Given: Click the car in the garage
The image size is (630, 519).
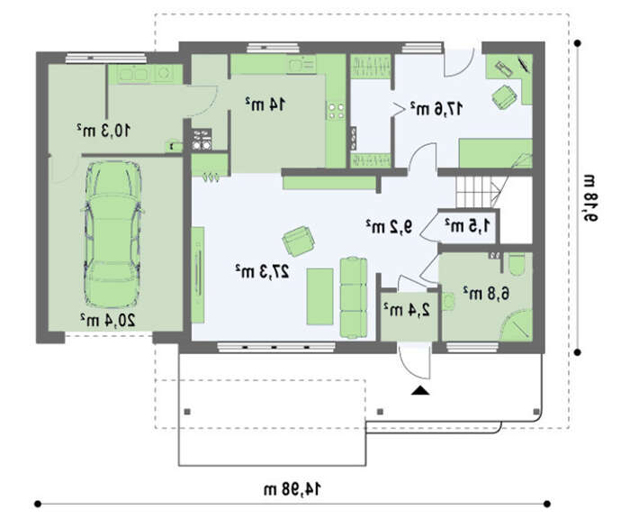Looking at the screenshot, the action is tap(112, 234).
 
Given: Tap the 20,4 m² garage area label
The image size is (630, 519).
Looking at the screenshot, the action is tap(108, 320).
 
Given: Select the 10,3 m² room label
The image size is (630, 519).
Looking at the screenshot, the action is tap(103, 130).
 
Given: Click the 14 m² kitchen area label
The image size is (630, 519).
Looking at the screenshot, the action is tap(265, 105).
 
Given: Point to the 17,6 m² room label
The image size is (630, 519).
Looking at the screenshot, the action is tap(436, 108).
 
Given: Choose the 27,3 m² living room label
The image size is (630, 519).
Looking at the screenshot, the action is tap(262, 271).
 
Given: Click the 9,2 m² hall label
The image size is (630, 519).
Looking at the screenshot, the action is tap(390, 226).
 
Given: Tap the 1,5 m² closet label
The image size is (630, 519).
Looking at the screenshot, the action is tap(468, 225).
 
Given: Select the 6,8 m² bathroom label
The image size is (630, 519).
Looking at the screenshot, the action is tap(486, 293).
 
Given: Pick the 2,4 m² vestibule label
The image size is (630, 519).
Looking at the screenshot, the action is tap(407, 309).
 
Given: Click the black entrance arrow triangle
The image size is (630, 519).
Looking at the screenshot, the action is tap(420, 390).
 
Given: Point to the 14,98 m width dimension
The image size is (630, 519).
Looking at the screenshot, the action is tap(292, 489).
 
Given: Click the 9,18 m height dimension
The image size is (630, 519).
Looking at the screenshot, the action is tap(590, 197).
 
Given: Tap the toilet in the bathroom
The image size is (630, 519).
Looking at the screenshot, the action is tap(517, 263).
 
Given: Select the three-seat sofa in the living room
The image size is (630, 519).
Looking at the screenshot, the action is tap(354, 297).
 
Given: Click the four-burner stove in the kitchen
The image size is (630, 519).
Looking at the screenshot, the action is tap(336, 111).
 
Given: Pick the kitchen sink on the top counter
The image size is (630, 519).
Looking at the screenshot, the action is tap(301, 64).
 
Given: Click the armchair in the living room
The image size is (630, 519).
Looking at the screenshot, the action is tap(298, 241).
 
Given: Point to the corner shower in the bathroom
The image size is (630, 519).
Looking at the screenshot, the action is tap(517, 325).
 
